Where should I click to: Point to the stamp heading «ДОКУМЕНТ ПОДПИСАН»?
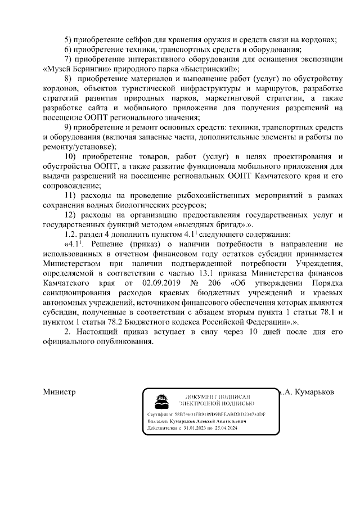click(x=217, y=397)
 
